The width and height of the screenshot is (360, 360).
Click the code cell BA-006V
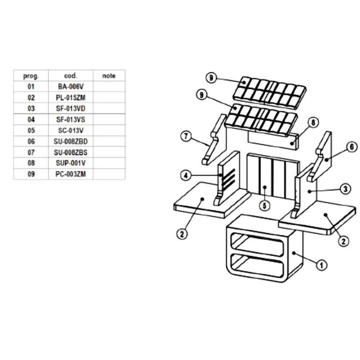click(x=70, y=86)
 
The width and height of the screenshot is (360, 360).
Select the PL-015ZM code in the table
click(x=70, y=97)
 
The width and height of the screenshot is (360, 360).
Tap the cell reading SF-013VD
click(x=70, y=108)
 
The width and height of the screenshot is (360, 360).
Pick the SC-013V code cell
click(x=70, y=130)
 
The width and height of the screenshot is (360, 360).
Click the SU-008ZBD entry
click(x=70, y=141)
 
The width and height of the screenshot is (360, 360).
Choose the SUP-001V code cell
click(x=70, y=163)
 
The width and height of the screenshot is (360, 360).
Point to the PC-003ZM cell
click(x=70, y=174)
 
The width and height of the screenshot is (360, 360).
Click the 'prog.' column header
click(x=31, y=76)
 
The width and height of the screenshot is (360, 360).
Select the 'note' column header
click(x=109, y=76)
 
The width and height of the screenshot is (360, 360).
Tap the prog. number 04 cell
click(x=31, y=119)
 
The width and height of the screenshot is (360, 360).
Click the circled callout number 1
click(x=321, y=265)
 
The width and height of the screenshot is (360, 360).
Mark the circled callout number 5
click(x=264, y=205)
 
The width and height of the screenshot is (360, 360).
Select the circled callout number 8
click(x=313, y=122)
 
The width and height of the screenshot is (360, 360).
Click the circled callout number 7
click(x=185, y=136)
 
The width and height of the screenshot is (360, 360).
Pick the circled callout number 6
click(x=351, y=147)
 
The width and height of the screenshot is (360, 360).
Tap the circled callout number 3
click(x=345, y=189)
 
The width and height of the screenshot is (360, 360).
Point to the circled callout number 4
click(x=185, y=175)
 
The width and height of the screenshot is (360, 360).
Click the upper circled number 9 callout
click(x=211, y=77)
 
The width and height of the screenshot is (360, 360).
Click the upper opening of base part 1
click(x=257, y=244)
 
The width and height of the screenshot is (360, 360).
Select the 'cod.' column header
click(x=70, y=76)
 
